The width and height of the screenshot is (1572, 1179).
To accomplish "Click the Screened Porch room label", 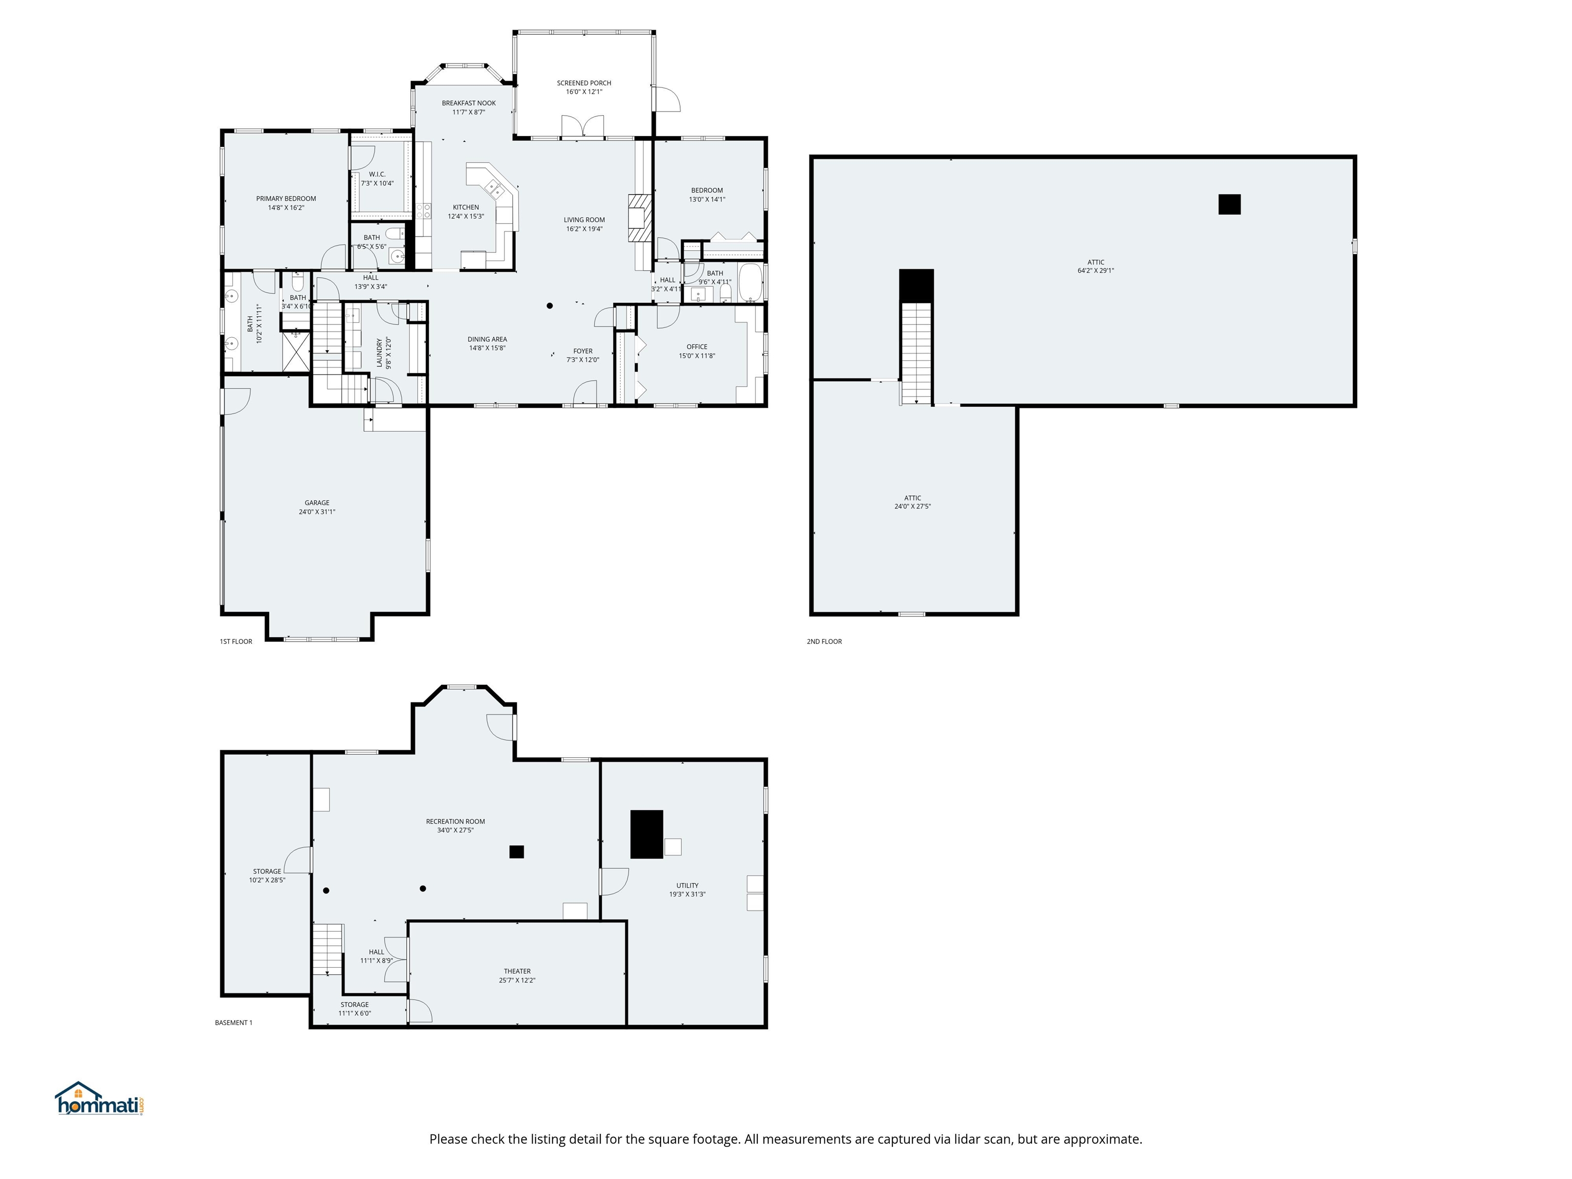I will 583,83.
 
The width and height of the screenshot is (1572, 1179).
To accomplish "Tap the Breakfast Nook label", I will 468,103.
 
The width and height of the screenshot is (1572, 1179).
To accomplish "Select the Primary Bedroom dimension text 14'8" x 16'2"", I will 286,208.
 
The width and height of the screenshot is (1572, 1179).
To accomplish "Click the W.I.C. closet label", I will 377,174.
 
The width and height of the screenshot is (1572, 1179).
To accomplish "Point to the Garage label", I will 317,503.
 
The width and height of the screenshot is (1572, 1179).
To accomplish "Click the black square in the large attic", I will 1229,205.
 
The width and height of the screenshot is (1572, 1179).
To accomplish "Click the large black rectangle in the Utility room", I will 646,834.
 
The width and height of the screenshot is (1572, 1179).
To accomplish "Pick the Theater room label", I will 517,971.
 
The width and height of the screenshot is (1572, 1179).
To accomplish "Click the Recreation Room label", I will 455,821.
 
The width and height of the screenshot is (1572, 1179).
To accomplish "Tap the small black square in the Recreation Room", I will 517,851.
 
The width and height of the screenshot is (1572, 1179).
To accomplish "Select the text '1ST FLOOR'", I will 236,642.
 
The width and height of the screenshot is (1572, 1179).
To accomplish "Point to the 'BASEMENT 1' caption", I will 233,1022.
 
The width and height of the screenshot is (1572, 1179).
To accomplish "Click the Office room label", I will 696,347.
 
